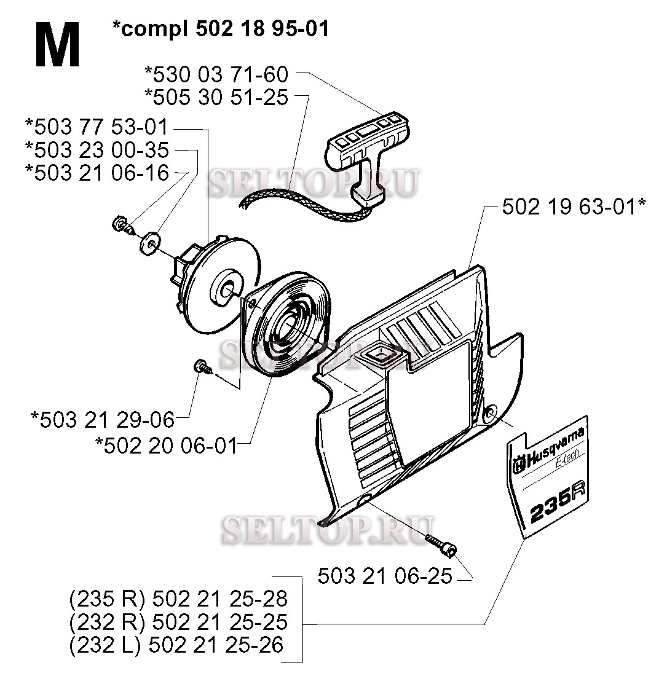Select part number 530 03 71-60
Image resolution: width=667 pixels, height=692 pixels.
(x=216, y=74)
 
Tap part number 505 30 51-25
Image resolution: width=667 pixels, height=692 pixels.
(x=216, y=96)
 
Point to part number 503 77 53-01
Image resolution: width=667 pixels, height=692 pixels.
(x=97, y=127)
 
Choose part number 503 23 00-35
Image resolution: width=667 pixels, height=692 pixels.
(x=97, y=150)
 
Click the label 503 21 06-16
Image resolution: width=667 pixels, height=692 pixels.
(x=97, y=173)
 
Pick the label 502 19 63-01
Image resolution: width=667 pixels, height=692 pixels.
(x=573, y=207)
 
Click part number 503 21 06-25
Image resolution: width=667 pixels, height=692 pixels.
(x=385, y=576)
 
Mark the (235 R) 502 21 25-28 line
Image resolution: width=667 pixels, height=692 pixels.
(x=178, y=598)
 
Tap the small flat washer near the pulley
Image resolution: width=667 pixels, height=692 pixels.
(x=149, y=242)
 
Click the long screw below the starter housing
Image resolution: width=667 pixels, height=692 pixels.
(x=440, y=545)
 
